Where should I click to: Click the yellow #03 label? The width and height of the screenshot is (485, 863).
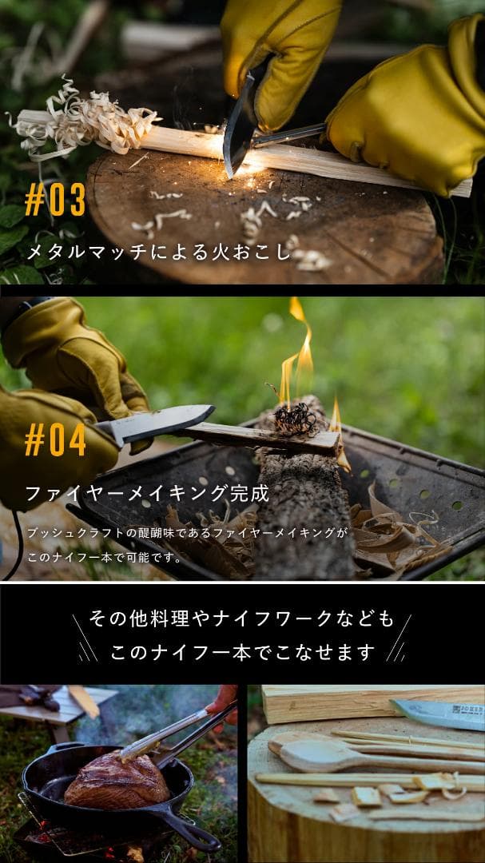(x=55, y=201)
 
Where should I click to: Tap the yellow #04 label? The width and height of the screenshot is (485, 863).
(x=55, y=440)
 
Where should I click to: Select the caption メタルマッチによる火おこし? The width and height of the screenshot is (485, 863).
(x=160, y=253)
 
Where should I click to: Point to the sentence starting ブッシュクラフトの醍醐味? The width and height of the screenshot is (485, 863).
(x=188, y=531)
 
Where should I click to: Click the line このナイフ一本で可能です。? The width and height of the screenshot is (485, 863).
(x=105, y=558)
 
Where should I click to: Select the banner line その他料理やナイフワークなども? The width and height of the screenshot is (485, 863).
(x=242, y=619)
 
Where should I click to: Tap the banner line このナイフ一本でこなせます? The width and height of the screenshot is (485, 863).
(x=242, y=653)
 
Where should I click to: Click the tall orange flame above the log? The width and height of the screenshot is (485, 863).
(x=299, y=352)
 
